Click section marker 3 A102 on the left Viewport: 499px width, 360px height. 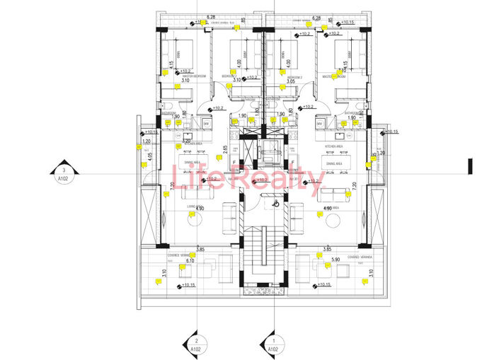(64, 174)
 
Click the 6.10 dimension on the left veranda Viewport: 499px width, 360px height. (190, 260)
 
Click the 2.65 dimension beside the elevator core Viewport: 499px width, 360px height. (225, 149)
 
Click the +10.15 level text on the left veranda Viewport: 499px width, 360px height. (188, 285)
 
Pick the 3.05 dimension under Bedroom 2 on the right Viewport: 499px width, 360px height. (289, 81)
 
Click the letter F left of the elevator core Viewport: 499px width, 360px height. (234, 162)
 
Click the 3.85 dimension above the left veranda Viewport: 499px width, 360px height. (200, 250)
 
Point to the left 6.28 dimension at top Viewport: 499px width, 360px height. (210, 16)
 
